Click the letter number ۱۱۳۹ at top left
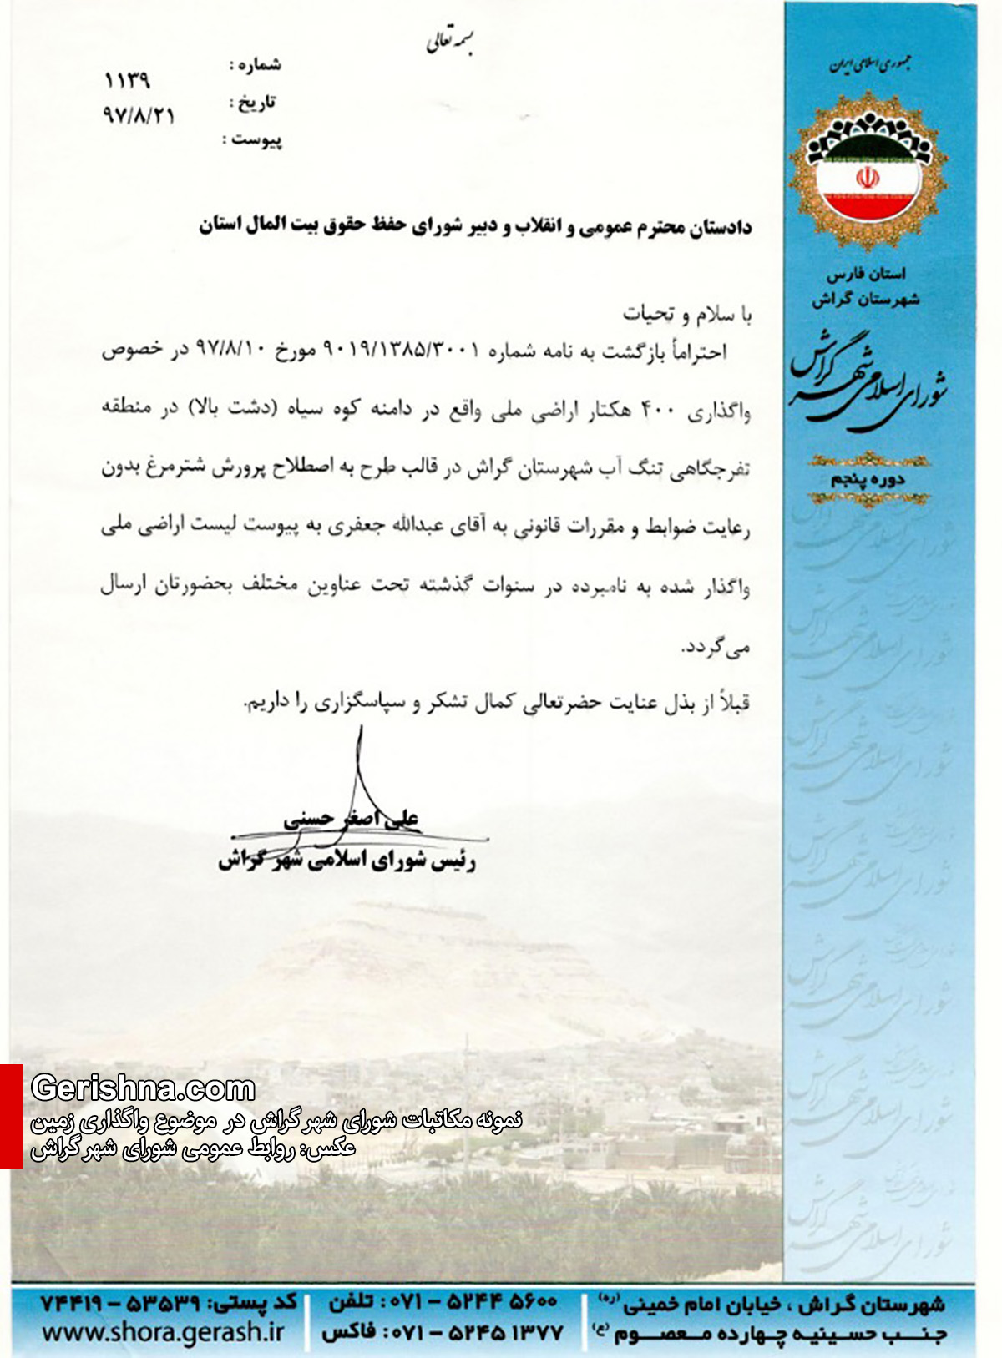click(127, 81)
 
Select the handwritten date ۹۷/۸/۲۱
click(139, 115)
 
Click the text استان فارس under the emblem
click(866, 274)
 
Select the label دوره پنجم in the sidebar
click(867, 480)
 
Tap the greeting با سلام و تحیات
click(686, 314)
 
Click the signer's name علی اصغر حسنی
click(352, 819)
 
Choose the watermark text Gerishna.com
click(143, 1088)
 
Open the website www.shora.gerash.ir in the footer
click(163, 1333)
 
